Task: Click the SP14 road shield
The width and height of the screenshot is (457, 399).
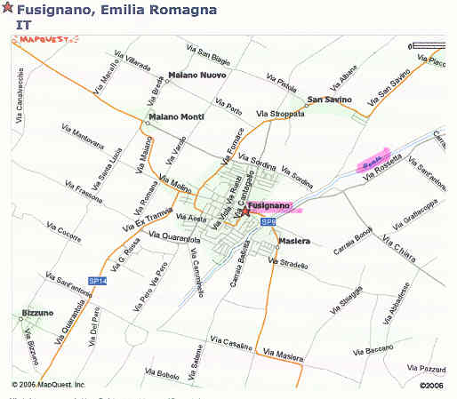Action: point(98,281)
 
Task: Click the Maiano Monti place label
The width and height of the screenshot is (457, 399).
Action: point(177,117)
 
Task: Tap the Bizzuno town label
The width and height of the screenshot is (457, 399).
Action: point(37,314)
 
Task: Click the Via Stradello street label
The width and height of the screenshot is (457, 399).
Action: point(292,264)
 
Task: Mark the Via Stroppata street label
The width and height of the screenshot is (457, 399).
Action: point(280,114)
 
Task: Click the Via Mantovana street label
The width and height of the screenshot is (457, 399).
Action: point(83,135)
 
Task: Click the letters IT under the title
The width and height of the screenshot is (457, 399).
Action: point(23,25)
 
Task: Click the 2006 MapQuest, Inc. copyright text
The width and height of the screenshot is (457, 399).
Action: point(49,385)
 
